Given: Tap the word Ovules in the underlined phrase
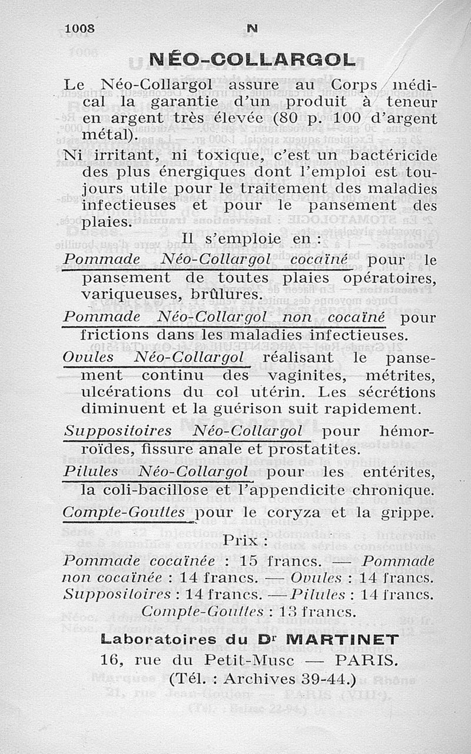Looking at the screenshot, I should pyautogui.click(x=88, y=358).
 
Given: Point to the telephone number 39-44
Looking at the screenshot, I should pyautogui.click(x=323, y=679).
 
